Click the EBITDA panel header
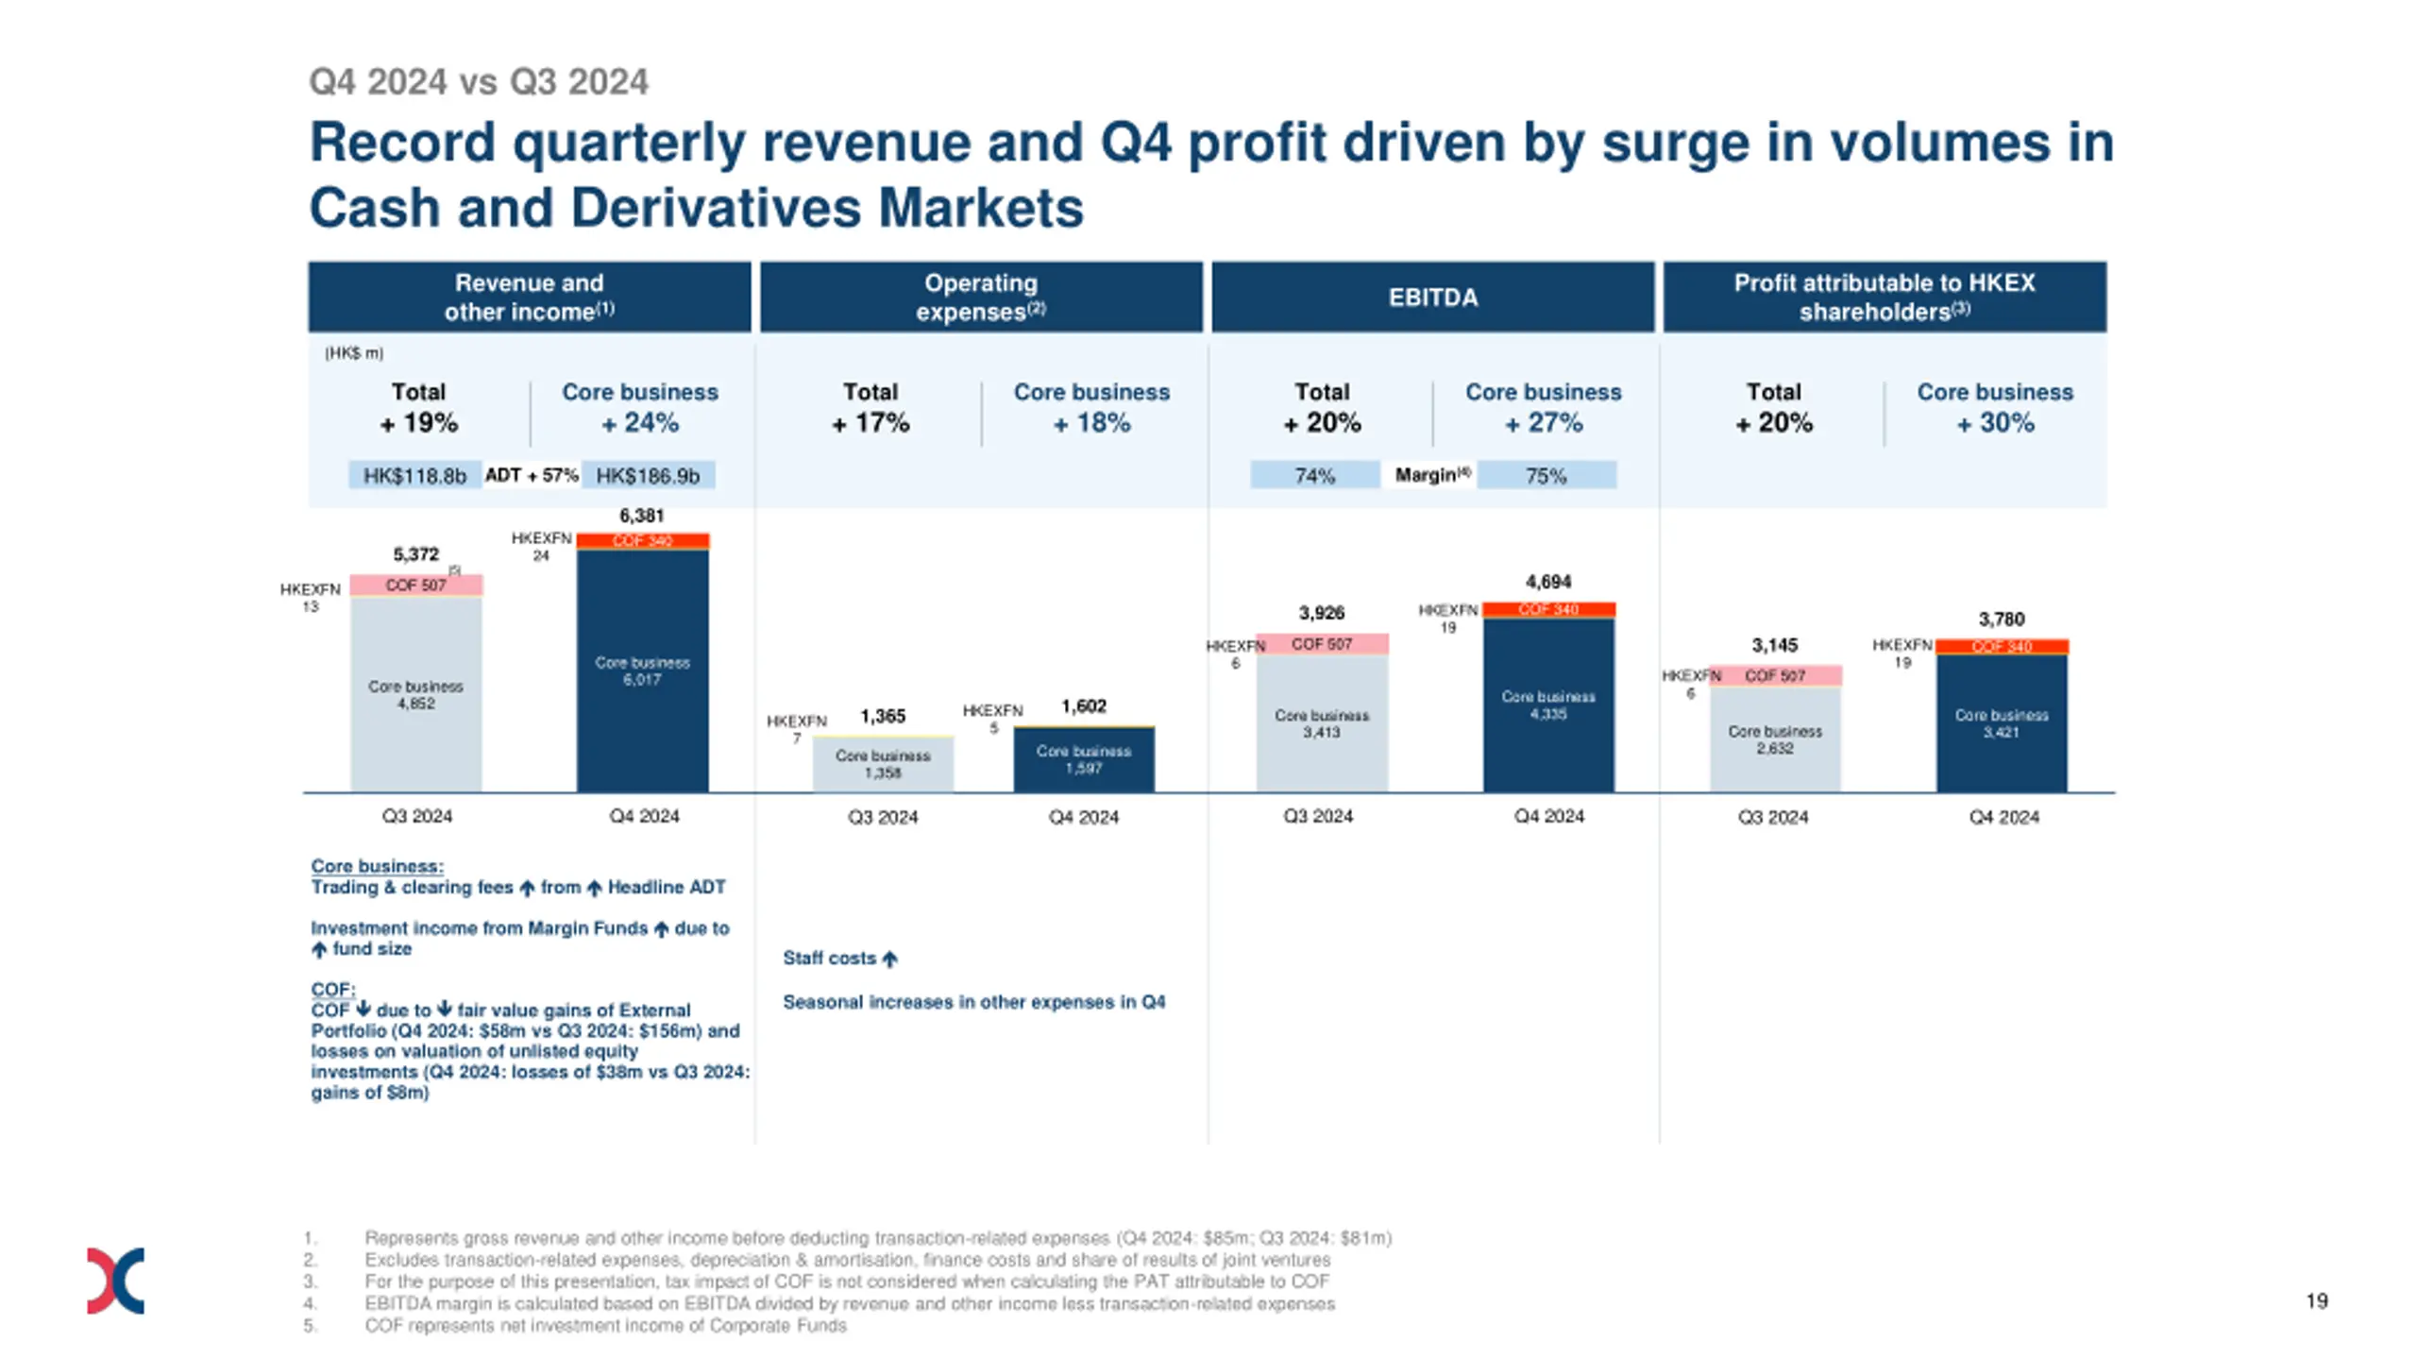(x=1431, y=297)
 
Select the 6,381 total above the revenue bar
(x=641, y=516)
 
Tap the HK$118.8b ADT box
(x=414, y=475)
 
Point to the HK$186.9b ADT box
(x=648, y=475)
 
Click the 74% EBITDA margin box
(x=1314, y=475)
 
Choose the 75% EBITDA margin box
(x=1546, y=475)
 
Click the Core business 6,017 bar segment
(x=642, y=671)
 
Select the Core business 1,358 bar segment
(x=883, y=764)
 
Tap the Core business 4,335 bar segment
(x=1548, y=705)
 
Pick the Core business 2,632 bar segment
(x=1775, y=739)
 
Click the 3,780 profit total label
(x=2002, y=620)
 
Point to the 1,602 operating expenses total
(x=1083, y=706)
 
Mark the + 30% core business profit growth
(x=1995, y=423)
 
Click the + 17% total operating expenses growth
(x=870, y=423)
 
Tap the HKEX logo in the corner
(x=115, y=1281)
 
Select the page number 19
(x=2316, y=1301)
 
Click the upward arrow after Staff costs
(x=889, y=960)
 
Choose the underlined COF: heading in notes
(x=332, y=989)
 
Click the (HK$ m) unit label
(x=354, y=353)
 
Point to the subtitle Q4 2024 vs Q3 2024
(x=479, y=82)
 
